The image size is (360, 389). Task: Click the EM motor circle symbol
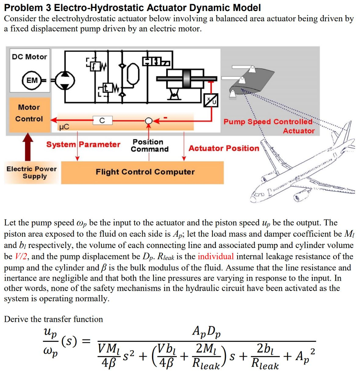point(32,80)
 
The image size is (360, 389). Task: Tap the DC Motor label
point(29,57)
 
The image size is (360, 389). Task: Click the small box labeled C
point(101,121)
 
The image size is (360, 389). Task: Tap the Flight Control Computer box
point(145,172)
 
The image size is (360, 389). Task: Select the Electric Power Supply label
point(32,172)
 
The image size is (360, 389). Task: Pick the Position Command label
point(149,145)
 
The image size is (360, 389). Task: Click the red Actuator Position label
point(224,148)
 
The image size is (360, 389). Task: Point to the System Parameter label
point(83,144)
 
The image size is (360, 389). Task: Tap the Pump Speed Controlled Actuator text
point(269,126)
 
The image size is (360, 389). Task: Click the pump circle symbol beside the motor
point(65,80)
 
